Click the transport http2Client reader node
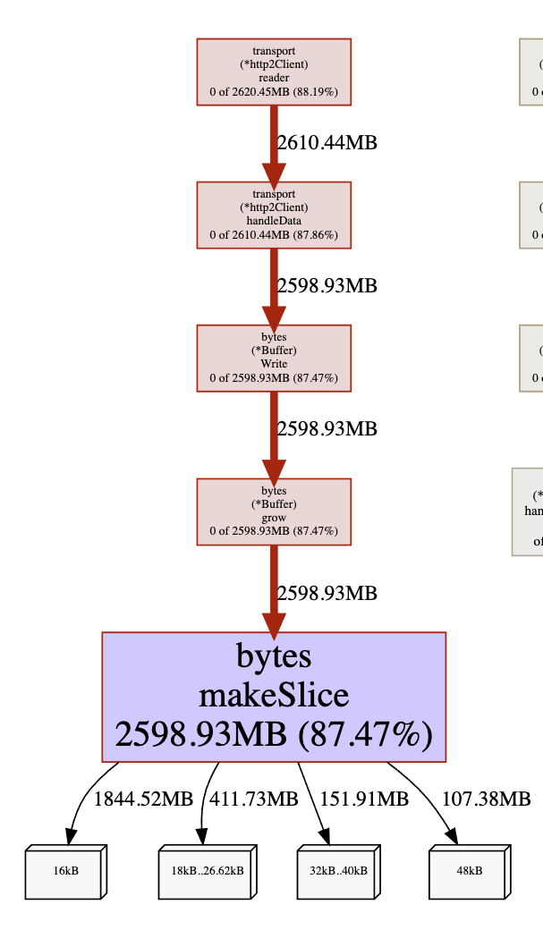point(274,72)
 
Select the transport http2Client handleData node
point(274,215)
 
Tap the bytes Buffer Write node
point(274,358)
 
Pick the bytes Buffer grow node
point(274,512)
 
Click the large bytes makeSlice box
point(274,697)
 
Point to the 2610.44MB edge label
point(327,143)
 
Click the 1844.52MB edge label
point(143,799)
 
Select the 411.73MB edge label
point(253,799)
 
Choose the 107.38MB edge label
point(486,799)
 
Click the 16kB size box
point(66,871)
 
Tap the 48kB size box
point(469,871)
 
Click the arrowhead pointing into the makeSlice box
point(274,621)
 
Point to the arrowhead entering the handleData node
point(274,172)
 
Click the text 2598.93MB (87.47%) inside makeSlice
point(274,734)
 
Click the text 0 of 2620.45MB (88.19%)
point(274,91)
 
